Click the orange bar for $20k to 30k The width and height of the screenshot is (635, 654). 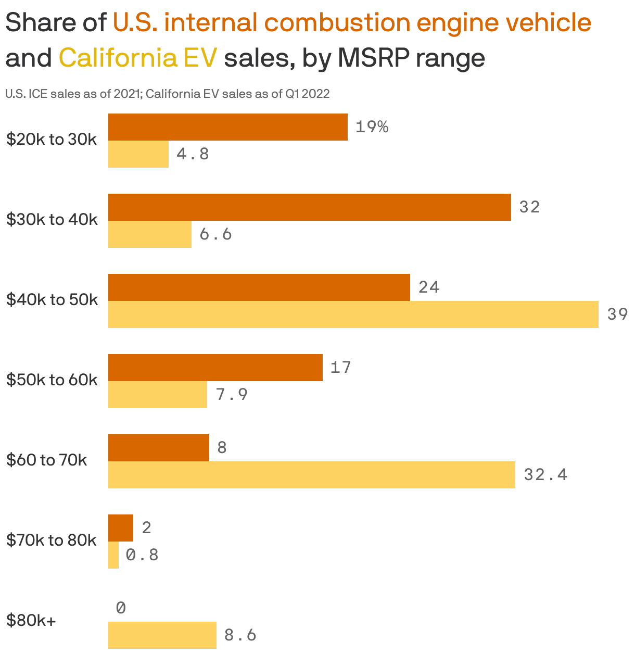tap(227, 127)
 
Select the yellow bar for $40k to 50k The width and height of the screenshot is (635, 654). tap(353, 315)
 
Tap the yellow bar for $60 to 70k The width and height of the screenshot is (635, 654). tap(311, 475)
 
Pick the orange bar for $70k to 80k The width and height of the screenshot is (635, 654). tap(120, 528)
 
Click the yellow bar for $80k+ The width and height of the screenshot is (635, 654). tap(162, 635)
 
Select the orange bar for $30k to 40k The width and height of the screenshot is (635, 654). tap(309, 207)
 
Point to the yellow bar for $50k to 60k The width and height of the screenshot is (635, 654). tap(157, 395)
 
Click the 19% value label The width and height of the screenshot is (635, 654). tap(372, 127)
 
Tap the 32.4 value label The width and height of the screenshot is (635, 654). tap(545, 475)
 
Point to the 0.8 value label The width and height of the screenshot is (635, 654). tap(142, 555)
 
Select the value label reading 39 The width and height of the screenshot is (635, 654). tap(618, 315)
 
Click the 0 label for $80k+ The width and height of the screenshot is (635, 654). tap(121, 608)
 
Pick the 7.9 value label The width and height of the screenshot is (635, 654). tap(232, 395)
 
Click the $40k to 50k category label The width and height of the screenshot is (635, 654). tap(52, 300)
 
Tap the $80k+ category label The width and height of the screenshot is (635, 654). tap(31, 621)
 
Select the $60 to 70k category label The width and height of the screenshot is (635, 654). tap(46, 460)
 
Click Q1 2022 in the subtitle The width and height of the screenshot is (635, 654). tap(307, 94)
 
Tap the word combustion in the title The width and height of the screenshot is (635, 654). tap(337, 23)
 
